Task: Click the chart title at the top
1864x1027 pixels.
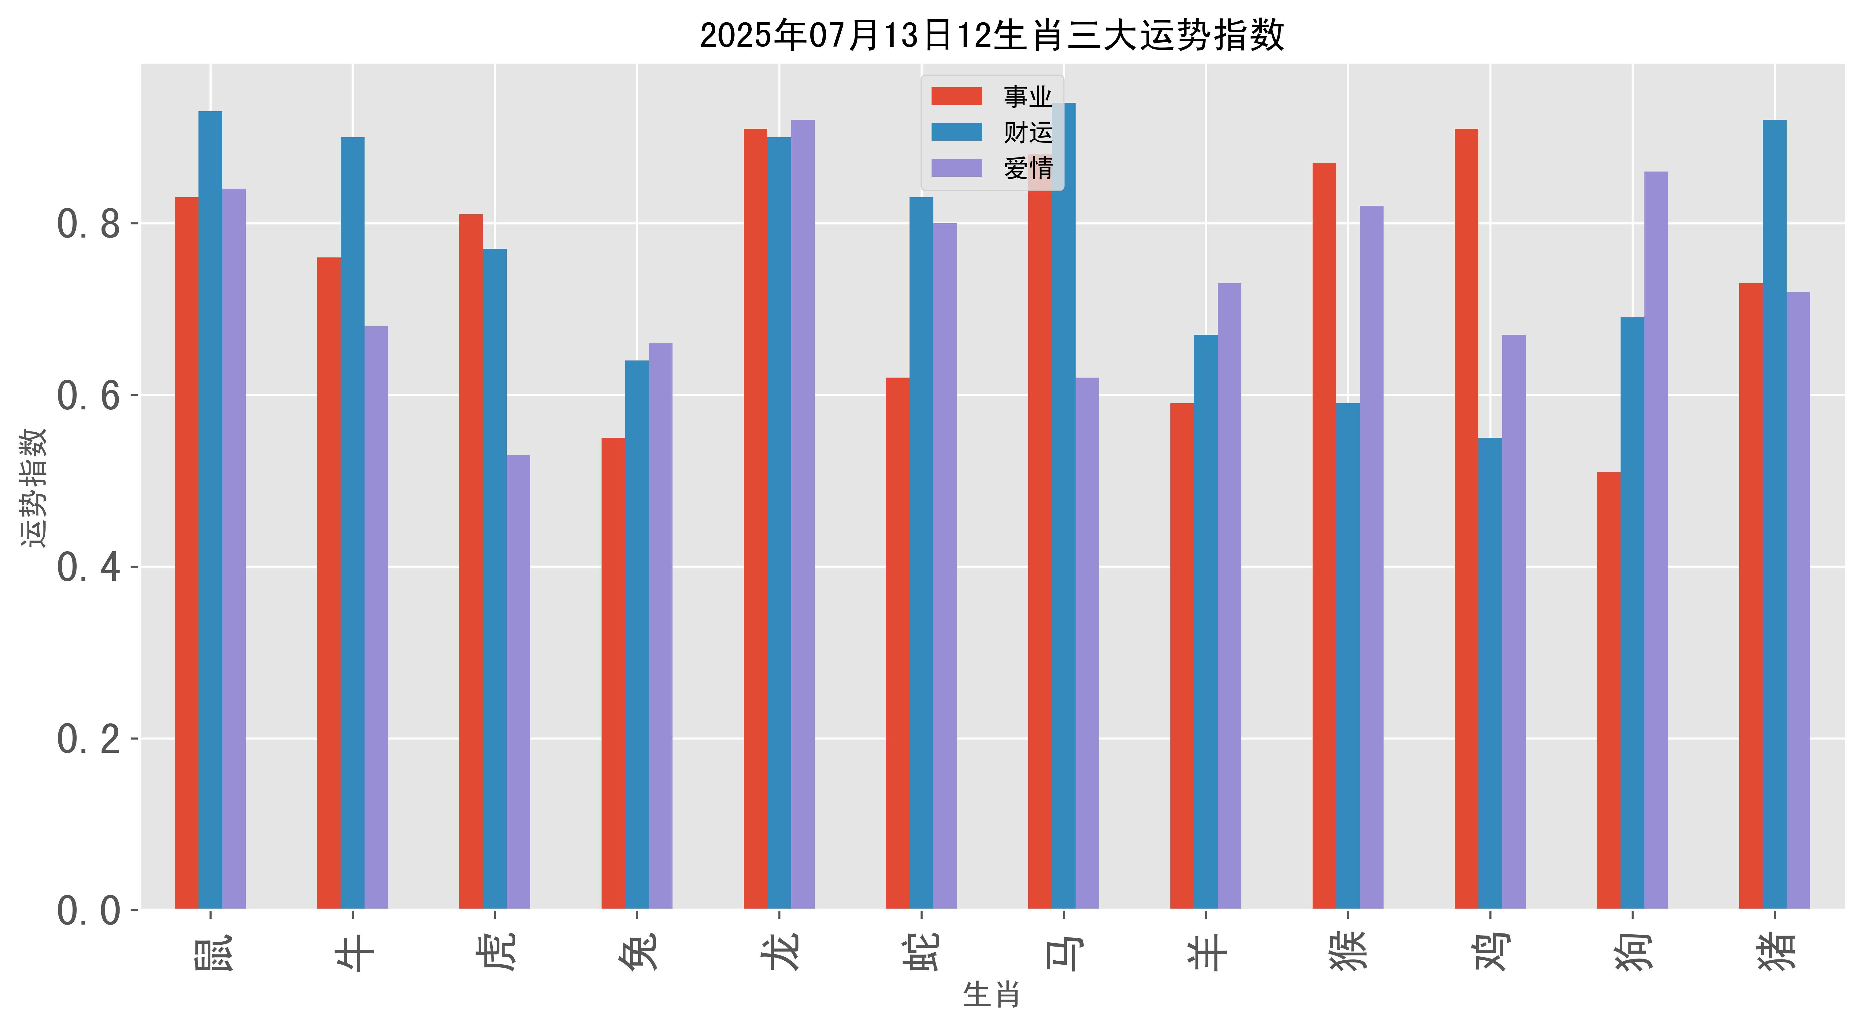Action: click(x=992, y=35)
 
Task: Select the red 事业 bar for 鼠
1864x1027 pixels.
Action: click(x=187, y=553)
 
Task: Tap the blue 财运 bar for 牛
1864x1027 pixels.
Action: click(x=352, y=523)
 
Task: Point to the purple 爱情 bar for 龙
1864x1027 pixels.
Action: click(x=802, y=514)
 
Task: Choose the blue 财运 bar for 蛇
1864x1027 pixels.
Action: click(x=921, y=553)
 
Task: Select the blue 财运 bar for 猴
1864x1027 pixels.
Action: click(x=1348, y=656)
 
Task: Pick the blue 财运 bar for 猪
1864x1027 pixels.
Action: click(x=1774, y=514)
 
